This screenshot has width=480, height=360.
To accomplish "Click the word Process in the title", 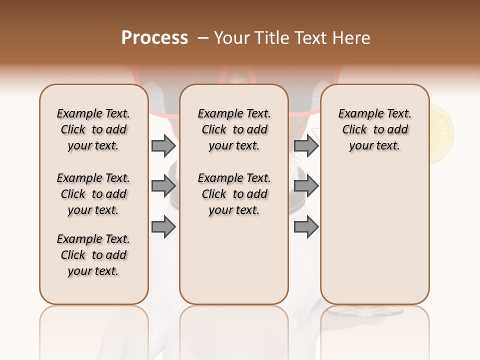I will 154,38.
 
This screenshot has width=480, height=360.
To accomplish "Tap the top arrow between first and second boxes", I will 163,145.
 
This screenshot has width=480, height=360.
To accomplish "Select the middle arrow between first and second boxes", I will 163,186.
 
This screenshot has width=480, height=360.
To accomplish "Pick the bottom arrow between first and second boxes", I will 163,227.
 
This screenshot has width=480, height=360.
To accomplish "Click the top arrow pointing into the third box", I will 306,145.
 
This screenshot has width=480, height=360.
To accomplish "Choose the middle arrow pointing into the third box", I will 306,186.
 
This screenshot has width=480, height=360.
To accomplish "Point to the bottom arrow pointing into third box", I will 306,227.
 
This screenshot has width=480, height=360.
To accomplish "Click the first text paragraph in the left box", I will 93,129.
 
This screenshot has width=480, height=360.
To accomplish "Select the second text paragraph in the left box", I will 93,194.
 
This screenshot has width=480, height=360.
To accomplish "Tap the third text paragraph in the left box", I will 93,255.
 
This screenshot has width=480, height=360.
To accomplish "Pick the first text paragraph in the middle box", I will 234,129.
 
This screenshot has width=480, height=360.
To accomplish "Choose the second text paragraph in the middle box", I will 234,194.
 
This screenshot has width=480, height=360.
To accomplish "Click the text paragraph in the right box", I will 374,129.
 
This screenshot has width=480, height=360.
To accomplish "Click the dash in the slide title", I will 203,38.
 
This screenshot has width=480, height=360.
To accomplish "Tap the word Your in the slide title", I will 231,38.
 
